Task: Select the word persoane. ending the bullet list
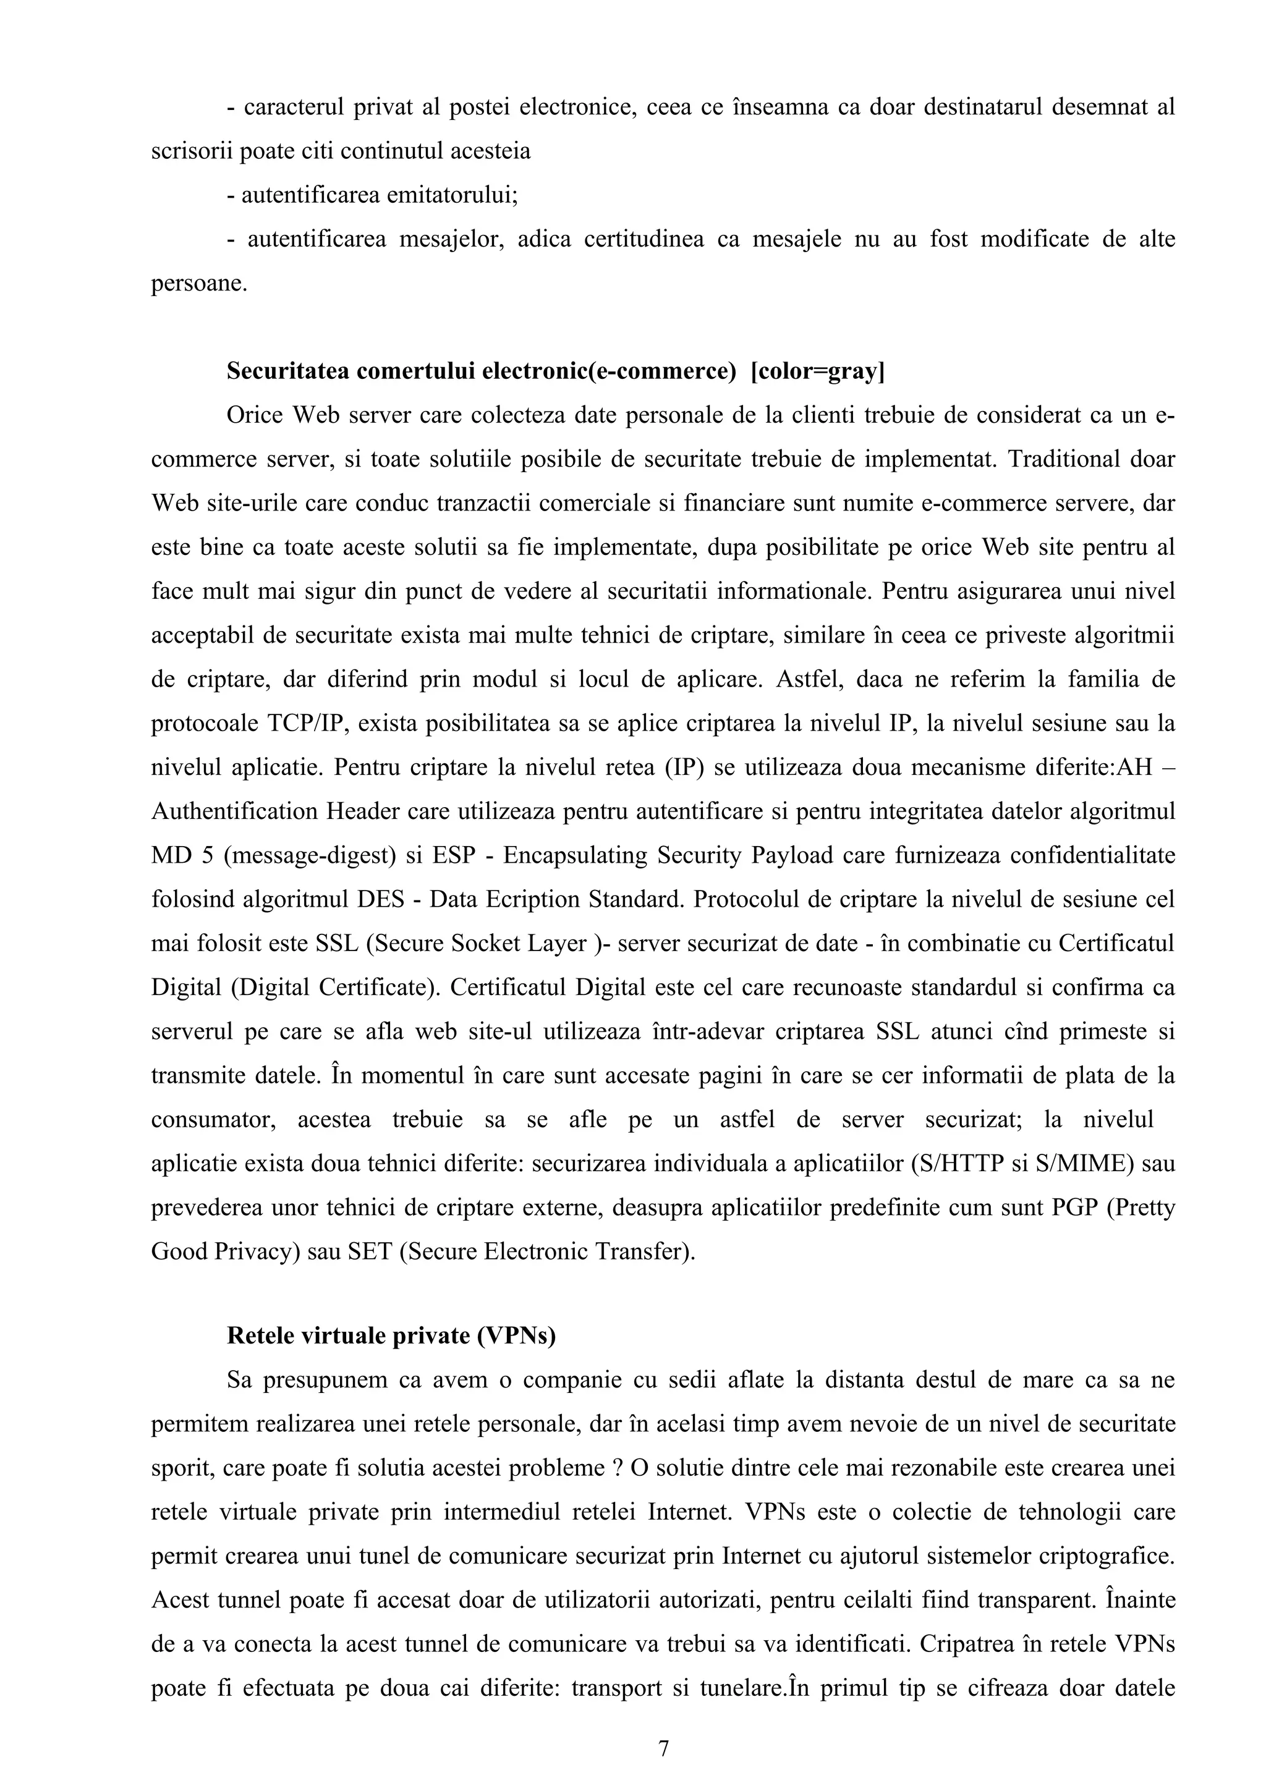click(199, 282)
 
